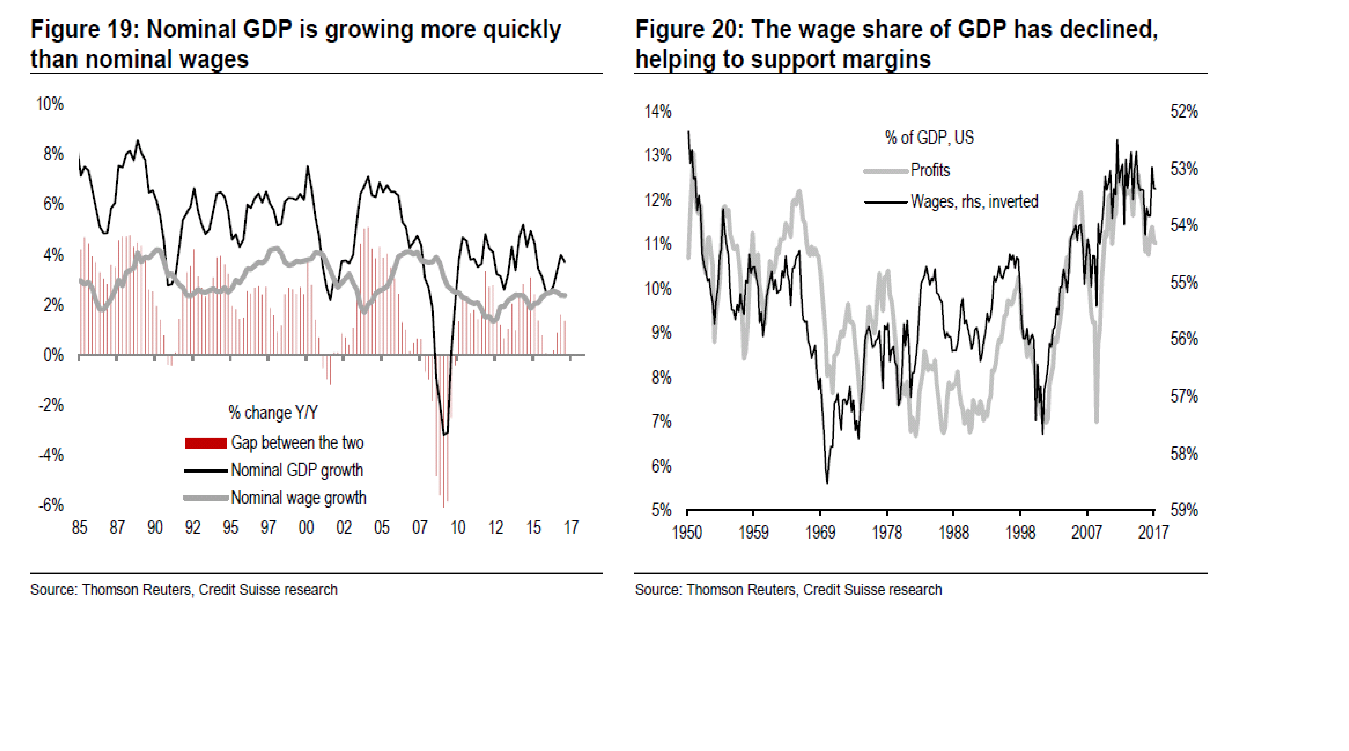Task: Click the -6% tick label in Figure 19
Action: coord(51,505)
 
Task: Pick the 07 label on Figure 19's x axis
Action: coord(419,527)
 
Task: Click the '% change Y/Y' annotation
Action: coord(273,413)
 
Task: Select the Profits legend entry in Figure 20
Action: coord(930,170)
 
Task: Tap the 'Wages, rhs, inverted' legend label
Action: coord(974,202)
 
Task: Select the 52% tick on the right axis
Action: coord(1184,111)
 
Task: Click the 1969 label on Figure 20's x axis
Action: coord(820,533)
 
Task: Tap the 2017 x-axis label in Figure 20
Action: coord(1153,533)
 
